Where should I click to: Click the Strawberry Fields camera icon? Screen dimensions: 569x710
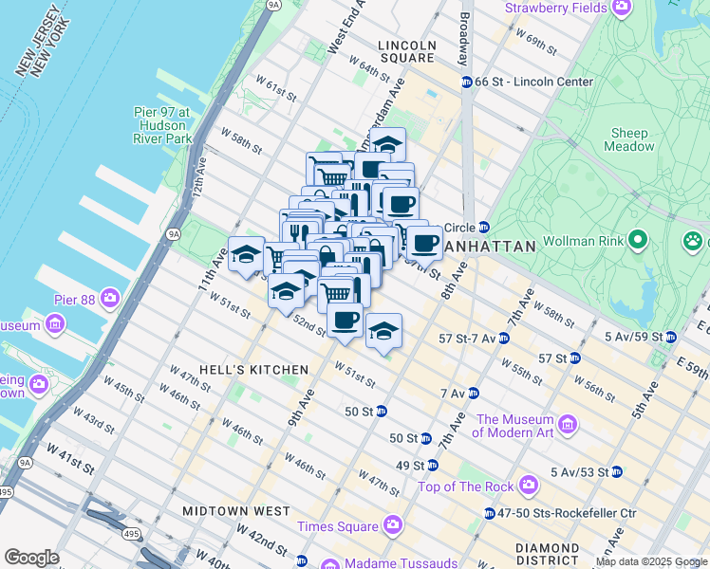tap(622, 8)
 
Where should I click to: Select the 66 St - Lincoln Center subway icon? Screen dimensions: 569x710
tap(467, 83)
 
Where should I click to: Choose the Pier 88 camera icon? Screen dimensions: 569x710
tap(111, 299)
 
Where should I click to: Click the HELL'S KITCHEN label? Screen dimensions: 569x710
tap(253, 369)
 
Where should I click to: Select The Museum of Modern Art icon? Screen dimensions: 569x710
tap(568, 422)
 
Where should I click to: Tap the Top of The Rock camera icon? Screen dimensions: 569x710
tap(530, 486)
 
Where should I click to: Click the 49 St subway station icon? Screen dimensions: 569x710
tap(432, 466)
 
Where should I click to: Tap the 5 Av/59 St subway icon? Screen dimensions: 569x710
tap(670, 337)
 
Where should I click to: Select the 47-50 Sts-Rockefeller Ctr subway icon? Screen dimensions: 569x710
tap(489, 513)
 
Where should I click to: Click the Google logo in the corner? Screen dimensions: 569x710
tap(31, 558)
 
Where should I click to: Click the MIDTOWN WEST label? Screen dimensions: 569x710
tap(250, 511)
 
